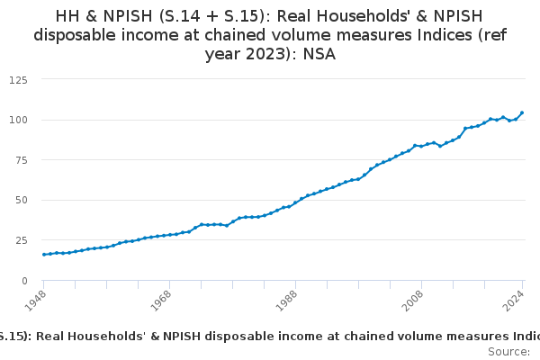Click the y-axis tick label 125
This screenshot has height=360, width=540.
(x=17, y=79)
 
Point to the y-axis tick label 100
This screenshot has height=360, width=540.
(x=17, y=120)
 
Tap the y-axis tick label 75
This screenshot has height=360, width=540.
(x=20, y=160)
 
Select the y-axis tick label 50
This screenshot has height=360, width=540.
(x=20, y=200)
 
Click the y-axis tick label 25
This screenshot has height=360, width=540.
(x=20, y=240)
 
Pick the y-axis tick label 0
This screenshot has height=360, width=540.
(x=23, y=281)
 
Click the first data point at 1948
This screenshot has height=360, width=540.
(x=44, y=255)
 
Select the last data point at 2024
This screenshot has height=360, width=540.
(x=522, y=113)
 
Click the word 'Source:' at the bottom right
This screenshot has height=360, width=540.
(x=508, y=352)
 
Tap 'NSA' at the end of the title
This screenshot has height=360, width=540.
(x=326, y=55)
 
